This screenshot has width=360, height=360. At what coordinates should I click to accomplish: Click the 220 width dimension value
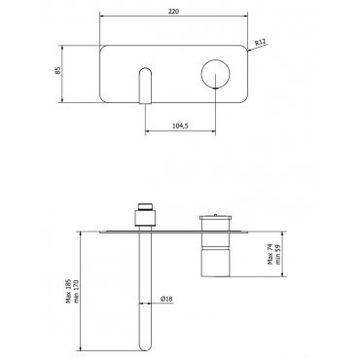coord(173,12)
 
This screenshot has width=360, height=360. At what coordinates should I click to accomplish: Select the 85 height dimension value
coord(57,70)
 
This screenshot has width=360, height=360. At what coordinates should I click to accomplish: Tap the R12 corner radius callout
coord(260,42)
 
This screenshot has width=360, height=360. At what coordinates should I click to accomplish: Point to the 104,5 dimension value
coord(180,126)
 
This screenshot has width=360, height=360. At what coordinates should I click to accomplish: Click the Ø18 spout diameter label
coord(166,299)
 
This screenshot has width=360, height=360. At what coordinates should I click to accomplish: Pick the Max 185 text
coord(68,292)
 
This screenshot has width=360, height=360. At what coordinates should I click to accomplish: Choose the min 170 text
coord(77,291)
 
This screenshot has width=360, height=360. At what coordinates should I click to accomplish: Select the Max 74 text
coord(270,254)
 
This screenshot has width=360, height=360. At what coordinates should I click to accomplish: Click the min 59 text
coord(278,255)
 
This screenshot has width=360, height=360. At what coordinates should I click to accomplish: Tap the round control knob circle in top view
coord(215,60)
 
